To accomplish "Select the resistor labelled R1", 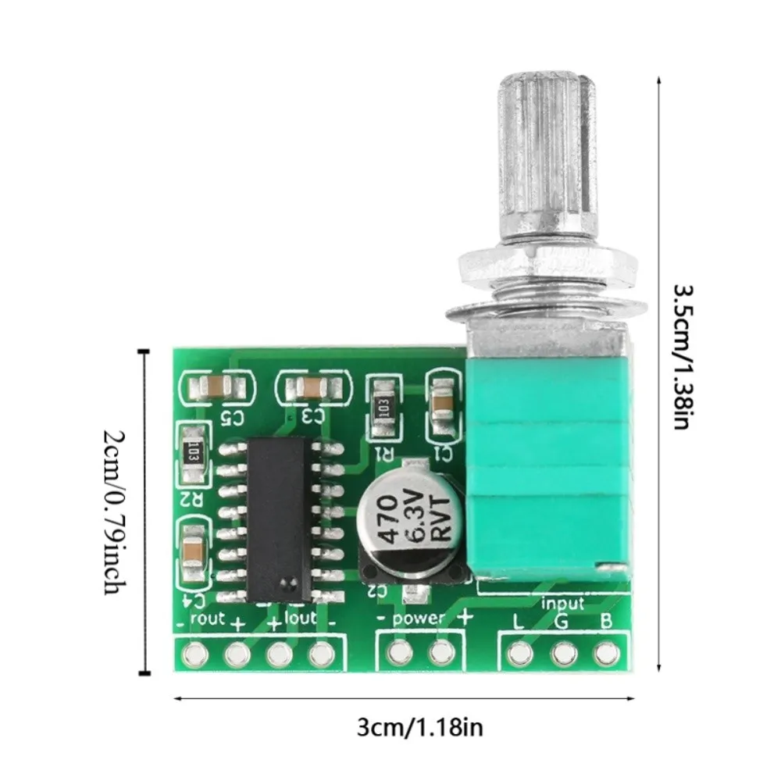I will pos(383,407).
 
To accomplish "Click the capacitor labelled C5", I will pos(216,385).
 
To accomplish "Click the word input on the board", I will pos(562,603).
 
